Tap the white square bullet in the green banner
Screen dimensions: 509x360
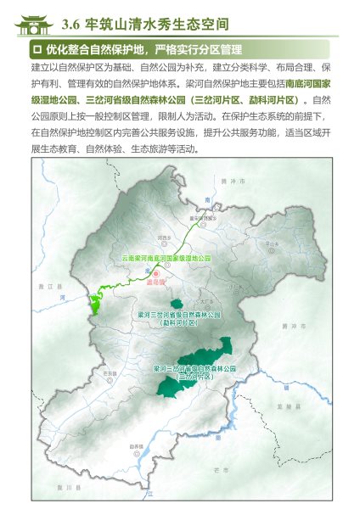37,49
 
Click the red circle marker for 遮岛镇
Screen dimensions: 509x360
155,272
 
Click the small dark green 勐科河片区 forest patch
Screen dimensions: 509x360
176,304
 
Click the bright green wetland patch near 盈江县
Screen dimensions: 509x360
95,301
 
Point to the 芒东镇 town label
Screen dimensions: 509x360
110,372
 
